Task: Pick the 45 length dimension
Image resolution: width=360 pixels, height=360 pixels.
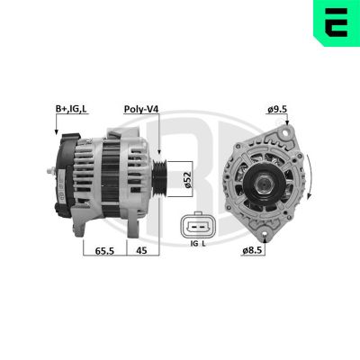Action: click(142, 251)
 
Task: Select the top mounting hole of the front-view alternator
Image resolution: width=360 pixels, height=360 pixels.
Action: click(287, 133)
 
